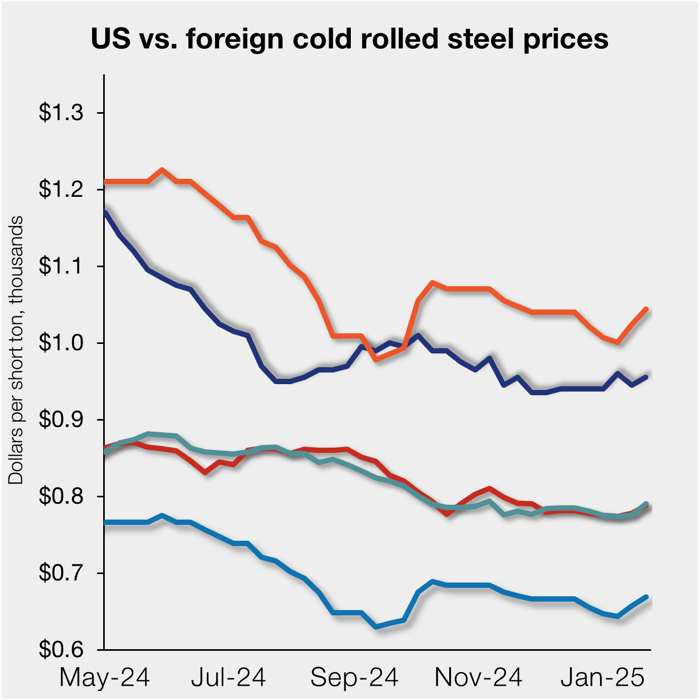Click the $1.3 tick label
point(61,113)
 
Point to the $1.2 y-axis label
point(61,189)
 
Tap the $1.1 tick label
point(61,266)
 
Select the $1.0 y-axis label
point(61,343)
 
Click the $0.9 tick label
point(61,420)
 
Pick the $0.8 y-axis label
point(61,496)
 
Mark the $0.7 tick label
point(61,573)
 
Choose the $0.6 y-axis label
point(61,649)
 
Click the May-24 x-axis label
point(105,678)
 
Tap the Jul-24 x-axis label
point(229,678)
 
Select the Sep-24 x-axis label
point(354,678)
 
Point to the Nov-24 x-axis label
point(478,678)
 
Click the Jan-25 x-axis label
point(603,678)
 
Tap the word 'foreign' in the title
point(234,39)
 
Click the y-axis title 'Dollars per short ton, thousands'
point(16,350)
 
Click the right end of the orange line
point(646,309)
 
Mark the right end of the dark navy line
point(646,377)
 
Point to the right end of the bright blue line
point(646,597)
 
